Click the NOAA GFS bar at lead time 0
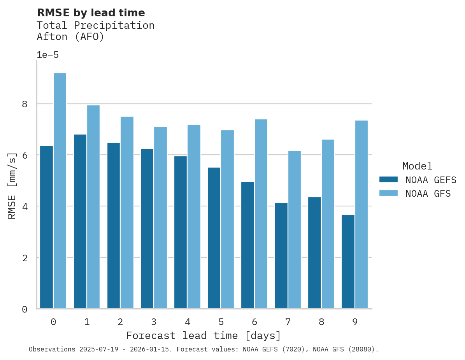pos(60,190)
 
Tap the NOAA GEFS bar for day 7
pos(281,255)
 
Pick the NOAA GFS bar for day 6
pos(261,214)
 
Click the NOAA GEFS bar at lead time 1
pos(80,222)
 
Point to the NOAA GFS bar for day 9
pos(361,215)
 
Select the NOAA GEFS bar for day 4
pos(181,232)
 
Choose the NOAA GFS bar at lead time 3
pos(161,218)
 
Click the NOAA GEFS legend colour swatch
pos(388,180)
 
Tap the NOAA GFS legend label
pos(428,194)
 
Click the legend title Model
pos(417,166)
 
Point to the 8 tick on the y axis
pos(25,104)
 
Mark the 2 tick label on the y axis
pos(25,258)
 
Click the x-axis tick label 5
pos(221,322)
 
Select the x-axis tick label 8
pos(321,322)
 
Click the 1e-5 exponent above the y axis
pos(47,55)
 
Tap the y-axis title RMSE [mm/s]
pos(12,186)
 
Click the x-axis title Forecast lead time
pos(203,336)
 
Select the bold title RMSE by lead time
pos(91,13)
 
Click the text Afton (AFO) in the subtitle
pos(70,37)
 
